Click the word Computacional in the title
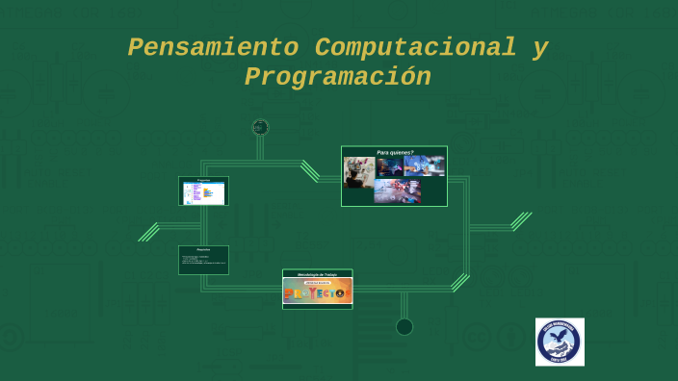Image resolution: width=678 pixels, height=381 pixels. (415, 47)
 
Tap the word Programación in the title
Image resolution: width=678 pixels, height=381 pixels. (337, 77)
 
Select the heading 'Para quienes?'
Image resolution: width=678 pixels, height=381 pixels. (395, 152)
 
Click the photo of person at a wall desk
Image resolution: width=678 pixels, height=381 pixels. (359, 172)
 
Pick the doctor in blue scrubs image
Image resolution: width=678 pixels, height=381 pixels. (424, 166)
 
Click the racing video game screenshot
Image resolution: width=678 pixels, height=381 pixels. (397, 190)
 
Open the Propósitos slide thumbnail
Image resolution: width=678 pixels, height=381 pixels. (203, 190)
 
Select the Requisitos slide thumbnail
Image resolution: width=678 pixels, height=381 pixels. (203, 260)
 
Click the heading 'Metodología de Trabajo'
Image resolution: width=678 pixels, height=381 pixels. (317, 274)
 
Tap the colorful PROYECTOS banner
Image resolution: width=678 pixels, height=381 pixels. (317, 292)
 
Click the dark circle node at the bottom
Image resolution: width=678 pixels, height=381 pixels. (404, 326)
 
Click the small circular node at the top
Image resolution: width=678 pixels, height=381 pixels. (260, 127)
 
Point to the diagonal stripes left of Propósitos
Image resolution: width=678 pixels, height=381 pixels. (148, 232)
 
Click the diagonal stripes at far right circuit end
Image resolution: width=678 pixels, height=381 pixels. (521, 221)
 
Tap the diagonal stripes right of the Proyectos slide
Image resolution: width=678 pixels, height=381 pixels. (460, 282)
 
